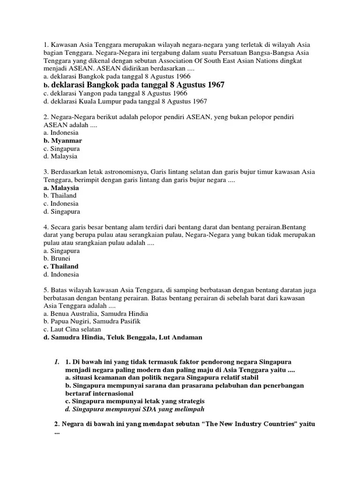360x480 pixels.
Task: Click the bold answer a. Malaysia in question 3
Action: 60,187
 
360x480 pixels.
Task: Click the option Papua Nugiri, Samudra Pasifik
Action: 91,322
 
